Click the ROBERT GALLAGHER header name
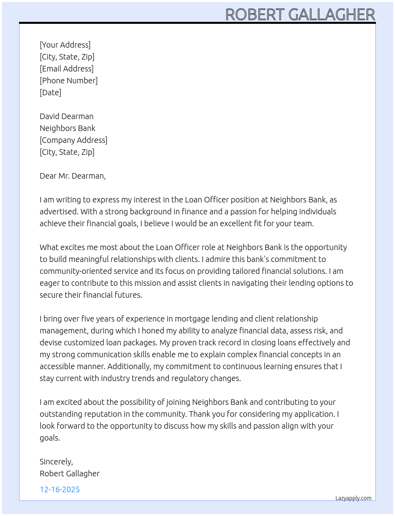coord(300,15)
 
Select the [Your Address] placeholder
coord(65,45)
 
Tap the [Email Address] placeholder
coord(67,69)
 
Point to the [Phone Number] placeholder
coord(69,81)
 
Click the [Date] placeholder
coord(50,92)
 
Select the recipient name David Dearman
coord(67,116)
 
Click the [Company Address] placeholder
coord(73,140)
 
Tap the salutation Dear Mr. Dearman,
coord(73,176)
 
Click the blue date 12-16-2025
coord(60,489)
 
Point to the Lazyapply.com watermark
coord(353,498)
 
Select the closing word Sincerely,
coord(56,462)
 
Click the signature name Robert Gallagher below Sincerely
coord(69,474)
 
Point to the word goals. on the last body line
coord(50,438)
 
